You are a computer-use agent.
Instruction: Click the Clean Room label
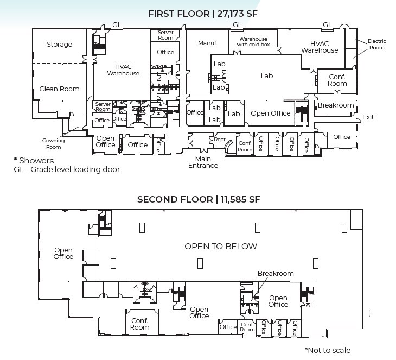click(x=59, y=89)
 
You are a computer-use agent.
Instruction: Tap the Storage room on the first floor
click(x=59, y=45)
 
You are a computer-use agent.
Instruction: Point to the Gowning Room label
click(x=54, y=143)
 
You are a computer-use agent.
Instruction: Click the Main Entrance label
click(x=203, y=162)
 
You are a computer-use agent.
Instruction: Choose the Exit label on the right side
click(x=368, y=117)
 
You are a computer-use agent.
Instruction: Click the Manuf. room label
click(x=207, y=43)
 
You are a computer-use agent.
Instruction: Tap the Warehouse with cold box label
click(x=253, y=42)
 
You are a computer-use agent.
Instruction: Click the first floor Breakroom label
click(x=336, y=105)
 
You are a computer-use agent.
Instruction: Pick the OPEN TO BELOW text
click(x=220, y=246)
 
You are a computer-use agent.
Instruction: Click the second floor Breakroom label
click(x=276, y=274)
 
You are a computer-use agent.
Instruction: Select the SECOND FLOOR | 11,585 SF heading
click(x=199, y=199)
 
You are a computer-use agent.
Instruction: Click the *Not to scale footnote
click(x=327, y=350)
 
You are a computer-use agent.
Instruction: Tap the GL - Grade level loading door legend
click(x=67, y=169)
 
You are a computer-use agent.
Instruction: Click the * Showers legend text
click(x=34, y=160)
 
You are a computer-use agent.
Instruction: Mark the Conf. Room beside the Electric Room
click(x=337, y=80)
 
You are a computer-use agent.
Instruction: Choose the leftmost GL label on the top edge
click(x=117, y=25)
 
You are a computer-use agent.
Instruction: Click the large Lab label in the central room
click(x=266, y=76)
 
